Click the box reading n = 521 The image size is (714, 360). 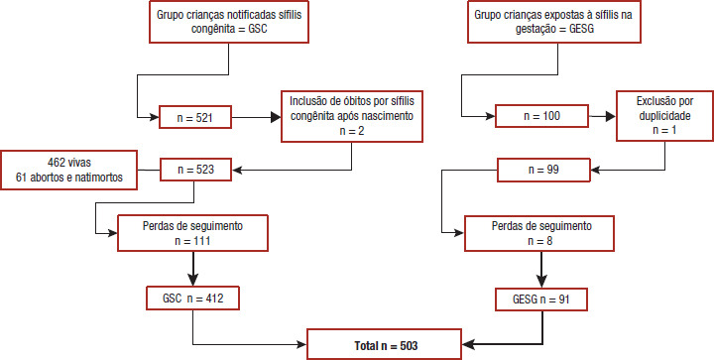coord(195,116)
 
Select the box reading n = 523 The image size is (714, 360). coord(195,171)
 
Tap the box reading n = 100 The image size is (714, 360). coord(541,116)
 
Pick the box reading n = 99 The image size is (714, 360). coord(543,170)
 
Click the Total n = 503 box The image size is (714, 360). coord(386,345)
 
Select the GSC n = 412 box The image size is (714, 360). coord(192,298)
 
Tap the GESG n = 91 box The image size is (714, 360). coord(541,299)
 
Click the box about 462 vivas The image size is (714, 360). coord(68,170)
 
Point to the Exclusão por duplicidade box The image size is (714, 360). coord(664,116)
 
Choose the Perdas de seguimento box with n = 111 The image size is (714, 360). coord(192,233)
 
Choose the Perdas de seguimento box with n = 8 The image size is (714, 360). coord(539,233)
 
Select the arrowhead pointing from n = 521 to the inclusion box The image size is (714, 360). coord(276,117)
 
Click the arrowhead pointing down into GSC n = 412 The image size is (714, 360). coord(193,281)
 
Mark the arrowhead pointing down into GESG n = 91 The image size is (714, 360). coord(541,282)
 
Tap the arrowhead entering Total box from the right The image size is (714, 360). coord(469,344)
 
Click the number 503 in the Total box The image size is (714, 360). coord(408,346)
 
